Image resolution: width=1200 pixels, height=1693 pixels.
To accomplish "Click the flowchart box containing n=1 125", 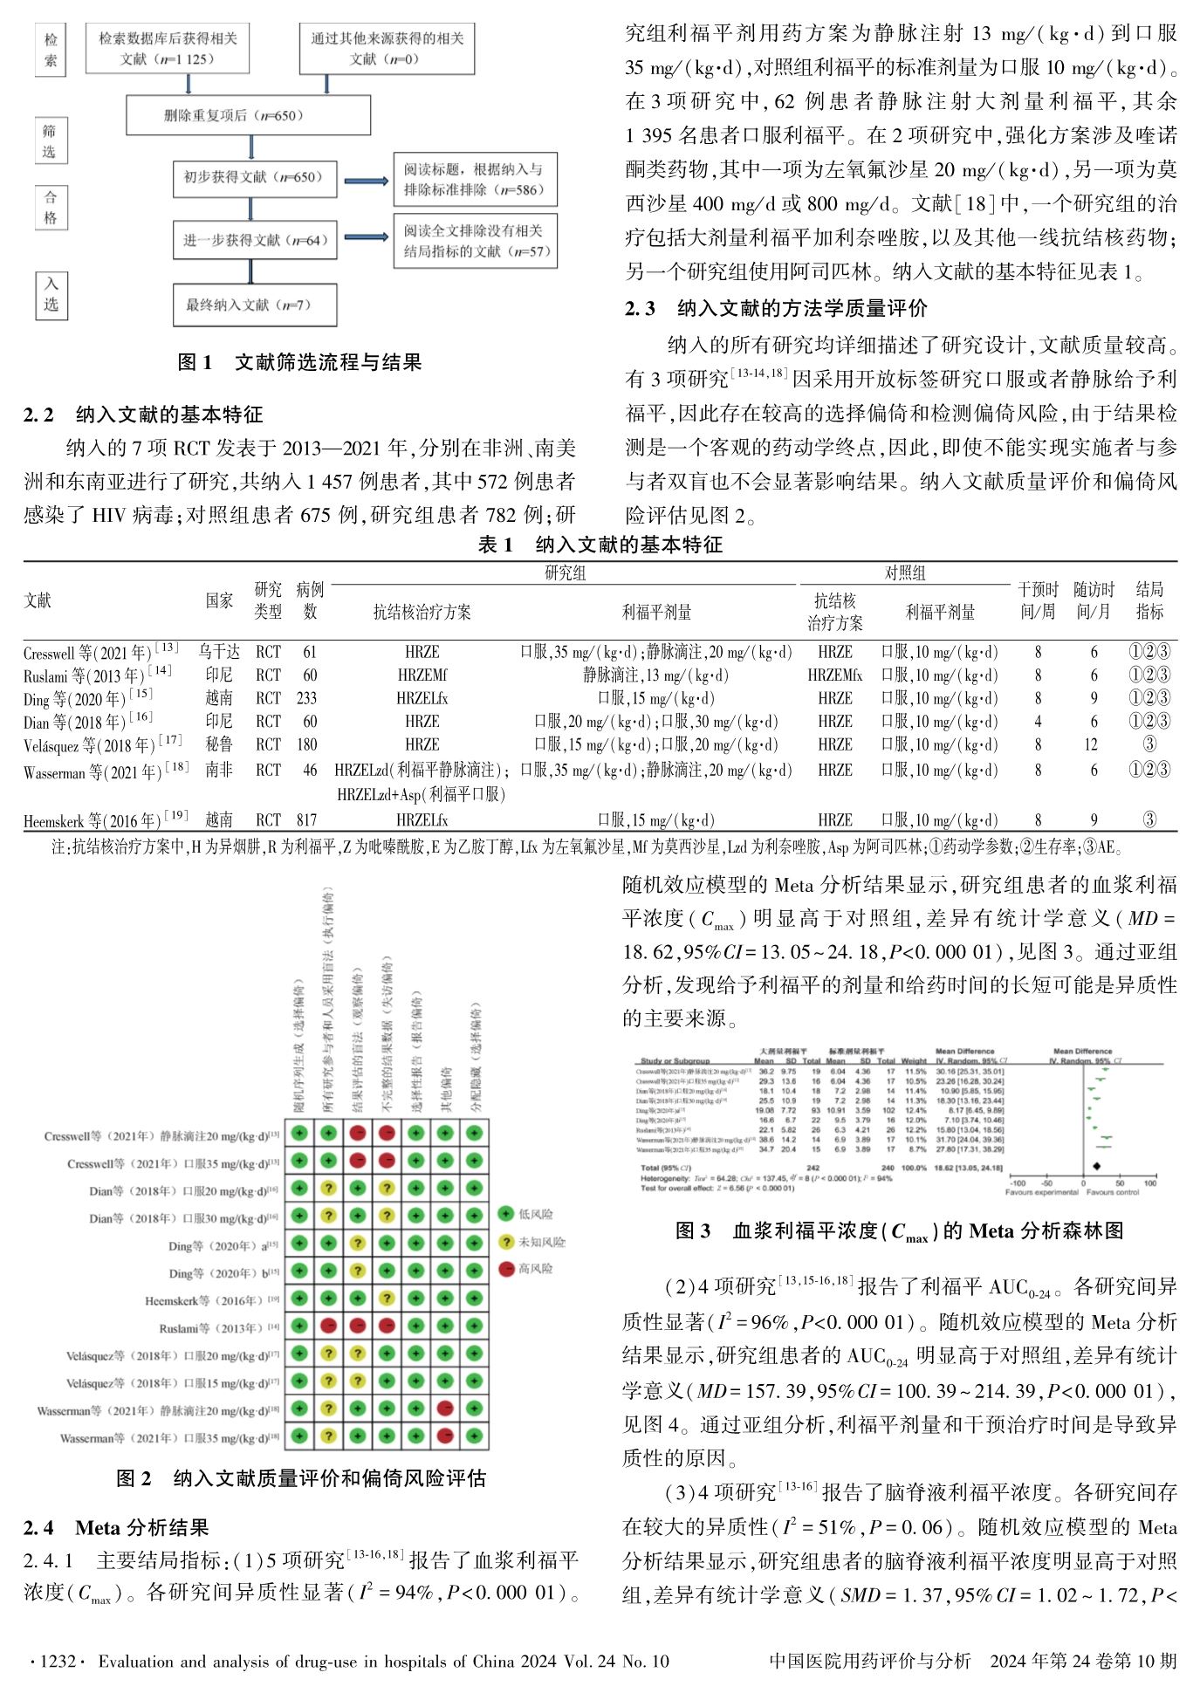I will (168, 49).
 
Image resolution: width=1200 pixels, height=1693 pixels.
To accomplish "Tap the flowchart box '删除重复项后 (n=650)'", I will (248, 115).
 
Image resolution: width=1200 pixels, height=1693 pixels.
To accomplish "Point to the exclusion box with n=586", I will (474, 179).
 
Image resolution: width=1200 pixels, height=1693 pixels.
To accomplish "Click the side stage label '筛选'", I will (50, 141).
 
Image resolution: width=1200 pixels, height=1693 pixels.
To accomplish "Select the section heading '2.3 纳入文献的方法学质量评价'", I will (776, 308).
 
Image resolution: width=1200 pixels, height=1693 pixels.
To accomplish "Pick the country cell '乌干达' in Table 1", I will (219, 652).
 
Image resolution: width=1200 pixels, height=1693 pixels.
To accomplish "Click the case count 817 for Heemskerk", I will (306, 819).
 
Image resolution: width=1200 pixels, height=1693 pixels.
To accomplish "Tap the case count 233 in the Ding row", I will (306, 698).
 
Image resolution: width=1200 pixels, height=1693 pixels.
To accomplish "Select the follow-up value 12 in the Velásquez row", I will (1091, 744).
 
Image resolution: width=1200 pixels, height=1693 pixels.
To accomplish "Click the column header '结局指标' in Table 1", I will (1149, 600).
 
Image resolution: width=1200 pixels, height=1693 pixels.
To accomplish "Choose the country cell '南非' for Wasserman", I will (219, 770).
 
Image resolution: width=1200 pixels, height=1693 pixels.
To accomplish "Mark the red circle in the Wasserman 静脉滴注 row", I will (445, 1408).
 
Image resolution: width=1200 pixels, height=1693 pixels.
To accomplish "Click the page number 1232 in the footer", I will (54, 1661).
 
